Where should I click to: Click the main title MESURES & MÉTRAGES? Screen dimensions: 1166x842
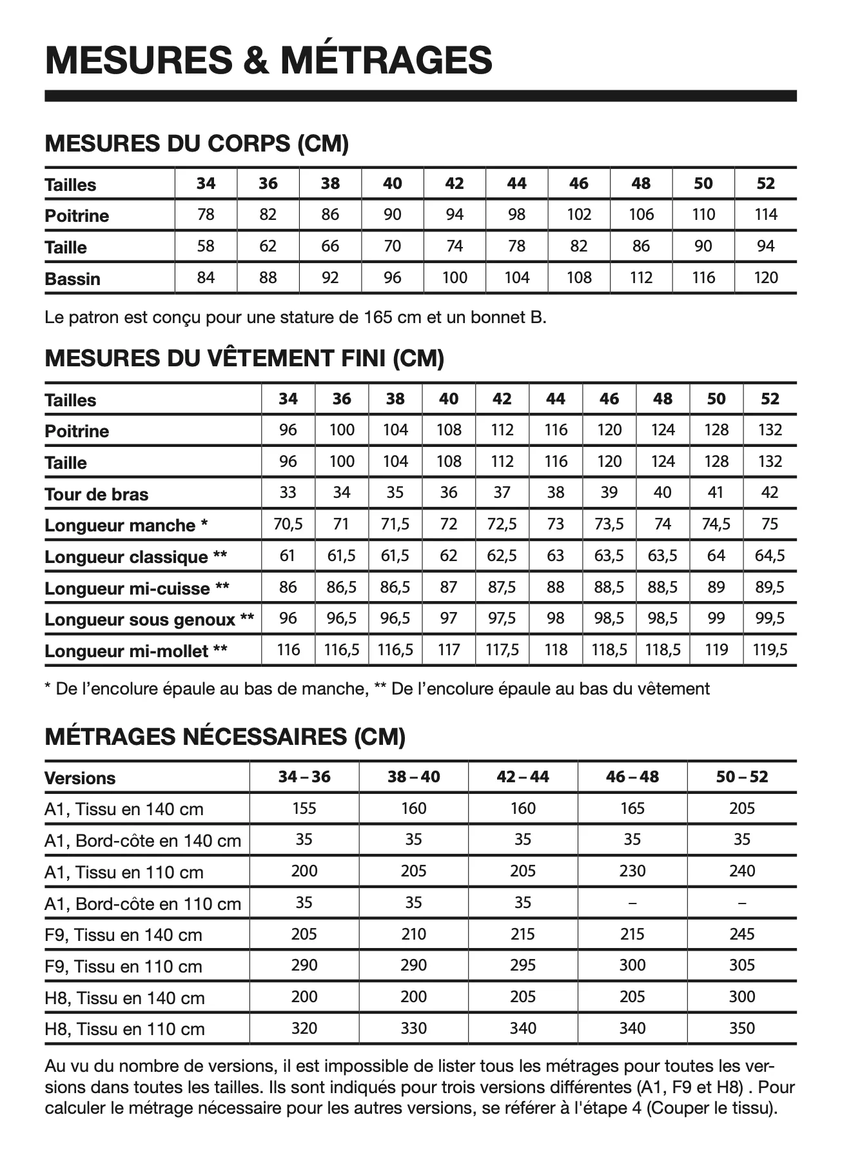point(269,60)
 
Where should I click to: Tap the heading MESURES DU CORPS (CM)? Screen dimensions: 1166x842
point(197,143)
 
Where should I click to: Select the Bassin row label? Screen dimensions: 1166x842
point(73,279)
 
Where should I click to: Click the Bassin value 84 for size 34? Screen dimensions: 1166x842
point(206,278)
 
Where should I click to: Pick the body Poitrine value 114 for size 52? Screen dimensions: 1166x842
point(765,215)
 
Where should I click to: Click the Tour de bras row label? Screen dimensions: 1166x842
point(97,495)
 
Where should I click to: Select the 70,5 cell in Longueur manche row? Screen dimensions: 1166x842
point(288,524)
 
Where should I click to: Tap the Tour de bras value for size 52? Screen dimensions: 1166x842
point(770,493)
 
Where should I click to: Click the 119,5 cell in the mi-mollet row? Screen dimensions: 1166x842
point(770,650)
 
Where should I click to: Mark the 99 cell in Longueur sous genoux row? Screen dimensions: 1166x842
point(716,618)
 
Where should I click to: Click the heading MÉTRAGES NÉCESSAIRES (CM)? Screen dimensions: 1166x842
point(225,736)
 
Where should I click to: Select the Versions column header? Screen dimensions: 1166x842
point(80,778)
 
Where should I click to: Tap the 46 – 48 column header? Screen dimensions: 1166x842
point(632,777)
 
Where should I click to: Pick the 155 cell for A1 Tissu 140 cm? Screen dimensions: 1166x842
point(304,809)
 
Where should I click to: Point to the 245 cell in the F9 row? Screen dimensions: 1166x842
point(742,934)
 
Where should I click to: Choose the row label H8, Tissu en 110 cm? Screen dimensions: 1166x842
point(124,1029)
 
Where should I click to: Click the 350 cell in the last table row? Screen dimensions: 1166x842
point(742,1029)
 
